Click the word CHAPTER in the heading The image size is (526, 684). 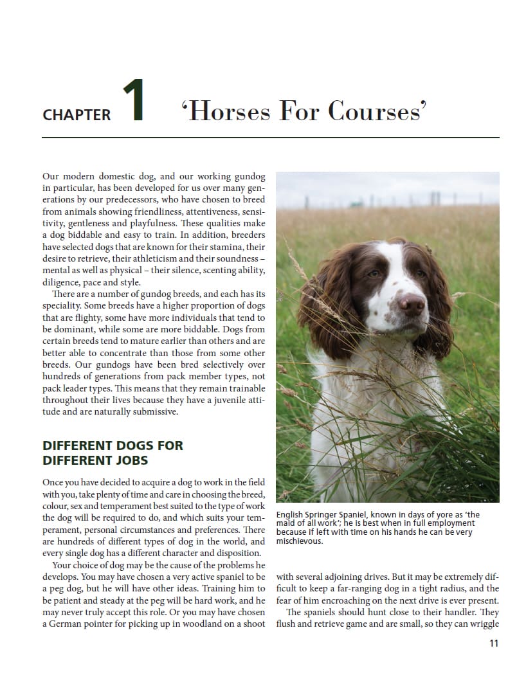coord(77,115)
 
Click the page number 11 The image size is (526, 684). coord(493,643)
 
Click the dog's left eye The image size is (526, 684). coord(374,274)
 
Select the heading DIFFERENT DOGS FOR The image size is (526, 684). coord(113,446)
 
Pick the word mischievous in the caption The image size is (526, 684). coord(300,541)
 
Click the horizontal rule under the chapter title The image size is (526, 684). coord(270,138)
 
